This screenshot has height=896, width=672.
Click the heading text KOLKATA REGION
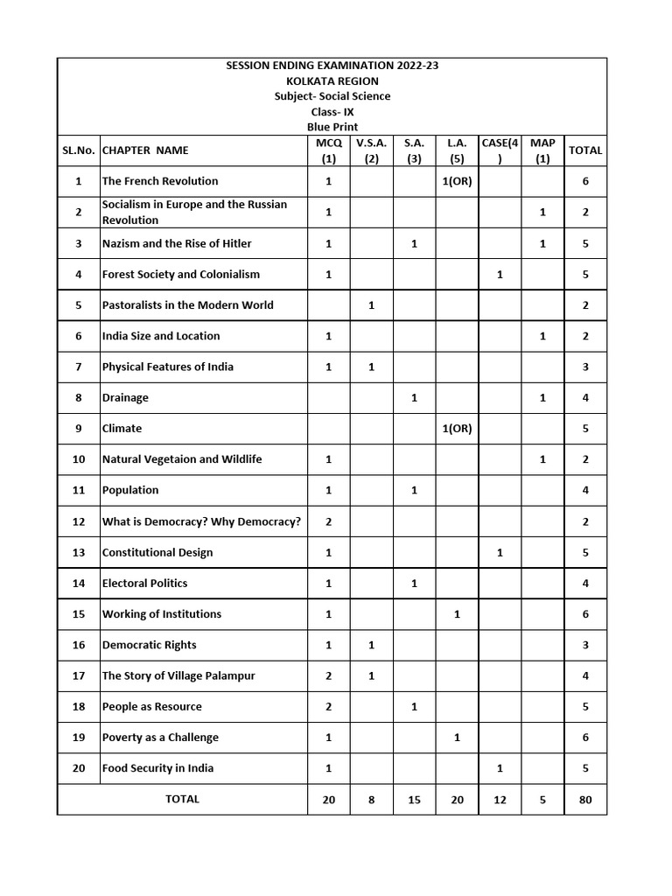[x=332, y=80]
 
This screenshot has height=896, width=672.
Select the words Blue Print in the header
[x=332, y=127]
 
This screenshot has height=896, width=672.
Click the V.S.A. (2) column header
[x=371, y=150]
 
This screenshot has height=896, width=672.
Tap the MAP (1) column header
[x=542, y=150]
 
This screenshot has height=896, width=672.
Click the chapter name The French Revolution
[x=160, y=181]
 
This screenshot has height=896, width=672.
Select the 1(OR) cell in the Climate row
[x=457, y=429]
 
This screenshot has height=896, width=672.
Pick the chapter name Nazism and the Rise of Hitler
[x=177, y=243]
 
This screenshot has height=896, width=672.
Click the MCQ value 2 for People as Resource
[x=329, y=707]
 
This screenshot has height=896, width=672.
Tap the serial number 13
[x=79, y=553]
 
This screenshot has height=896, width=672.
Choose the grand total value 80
[x=585, y=800]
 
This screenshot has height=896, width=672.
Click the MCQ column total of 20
[x=329, y=800]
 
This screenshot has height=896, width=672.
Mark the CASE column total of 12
[x=500, y=800]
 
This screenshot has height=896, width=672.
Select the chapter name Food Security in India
[x=157, y=768]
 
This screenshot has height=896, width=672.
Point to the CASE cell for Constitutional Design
[x=500, y=553]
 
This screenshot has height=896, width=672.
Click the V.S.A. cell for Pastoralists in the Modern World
[x=371, y=305]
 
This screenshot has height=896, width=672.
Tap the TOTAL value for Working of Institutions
[x=585, y=614]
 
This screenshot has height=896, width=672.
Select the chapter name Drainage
[x=125, y=398]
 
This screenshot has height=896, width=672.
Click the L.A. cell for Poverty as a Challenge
[x=457, y=738]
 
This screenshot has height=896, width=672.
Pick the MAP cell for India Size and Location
[x=542, y=336]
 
